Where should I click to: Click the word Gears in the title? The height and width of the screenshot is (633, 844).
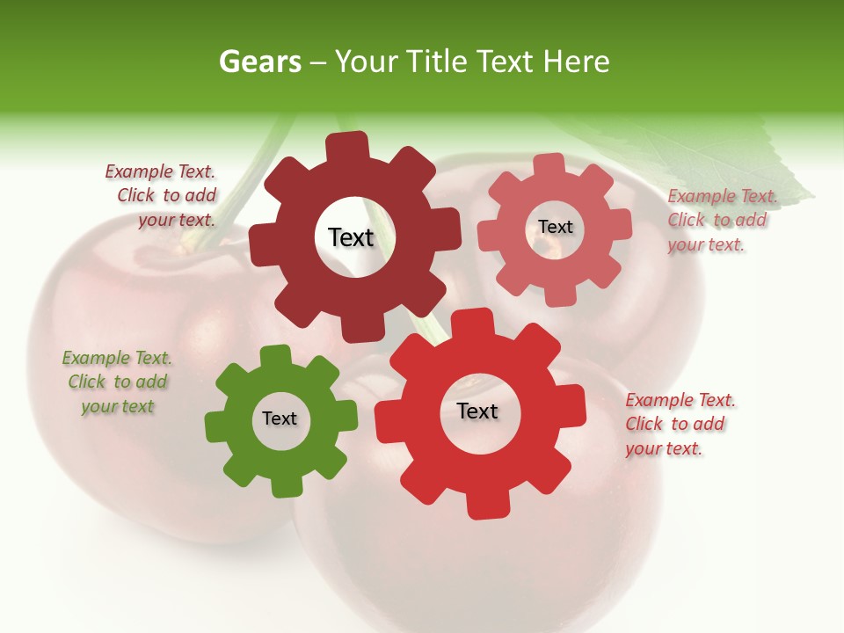tap(259, 62)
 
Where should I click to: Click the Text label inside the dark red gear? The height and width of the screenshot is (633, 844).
tap(351, 237)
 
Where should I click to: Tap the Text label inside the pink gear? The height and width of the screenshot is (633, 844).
tap(555, 227)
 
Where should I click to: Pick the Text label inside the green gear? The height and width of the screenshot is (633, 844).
tap(280, 418)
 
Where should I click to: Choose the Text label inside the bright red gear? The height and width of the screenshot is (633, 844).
tap(477, 411)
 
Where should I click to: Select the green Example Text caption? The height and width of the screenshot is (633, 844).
tap(117, 382)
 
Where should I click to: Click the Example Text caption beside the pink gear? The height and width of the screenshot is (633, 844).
tap(721, 221)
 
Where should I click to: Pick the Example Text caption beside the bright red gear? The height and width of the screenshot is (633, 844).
tap(679, 424)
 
